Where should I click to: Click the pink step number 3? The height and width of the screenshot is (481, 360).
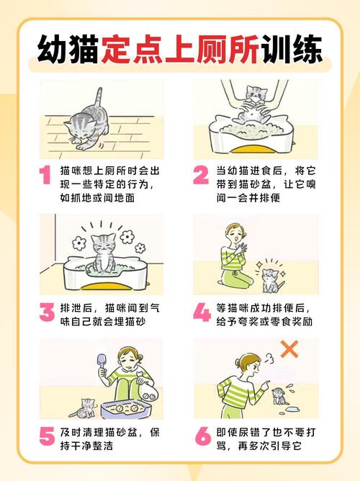click(46, 313)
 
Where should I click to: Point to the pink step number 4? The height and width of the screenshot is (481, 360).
click(202, 313)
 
